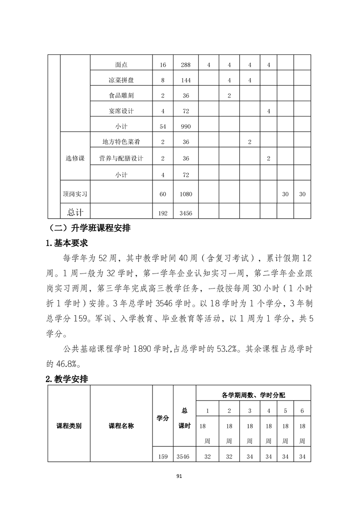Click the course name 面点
pos(121,65)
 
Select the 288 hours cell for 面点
pos(186,65)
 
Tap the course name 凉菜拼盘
pos(121,80)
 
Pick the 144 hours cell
pos(186,80)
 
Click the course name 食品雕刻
pos(121,96)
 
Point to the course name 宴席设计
pos(121,111)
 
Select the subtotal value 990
pos(186,127)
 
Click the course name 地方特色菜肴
pos(121,142)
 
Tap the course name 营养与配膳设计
pos(121,158)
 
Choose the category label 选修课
pos(75,158)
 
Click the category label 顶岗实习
pos(75,194)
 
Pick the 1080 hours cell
pos(186,194)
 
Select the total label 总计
pos(75,212)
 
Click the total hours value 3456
pos(186,212)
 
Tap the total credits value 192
pos(163,212)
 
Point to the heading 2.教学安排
pos(67,379)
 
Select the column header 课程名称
pos(121,426)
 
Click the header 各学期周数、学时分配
pos(253,395)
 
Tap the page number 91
pos(180,476)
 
